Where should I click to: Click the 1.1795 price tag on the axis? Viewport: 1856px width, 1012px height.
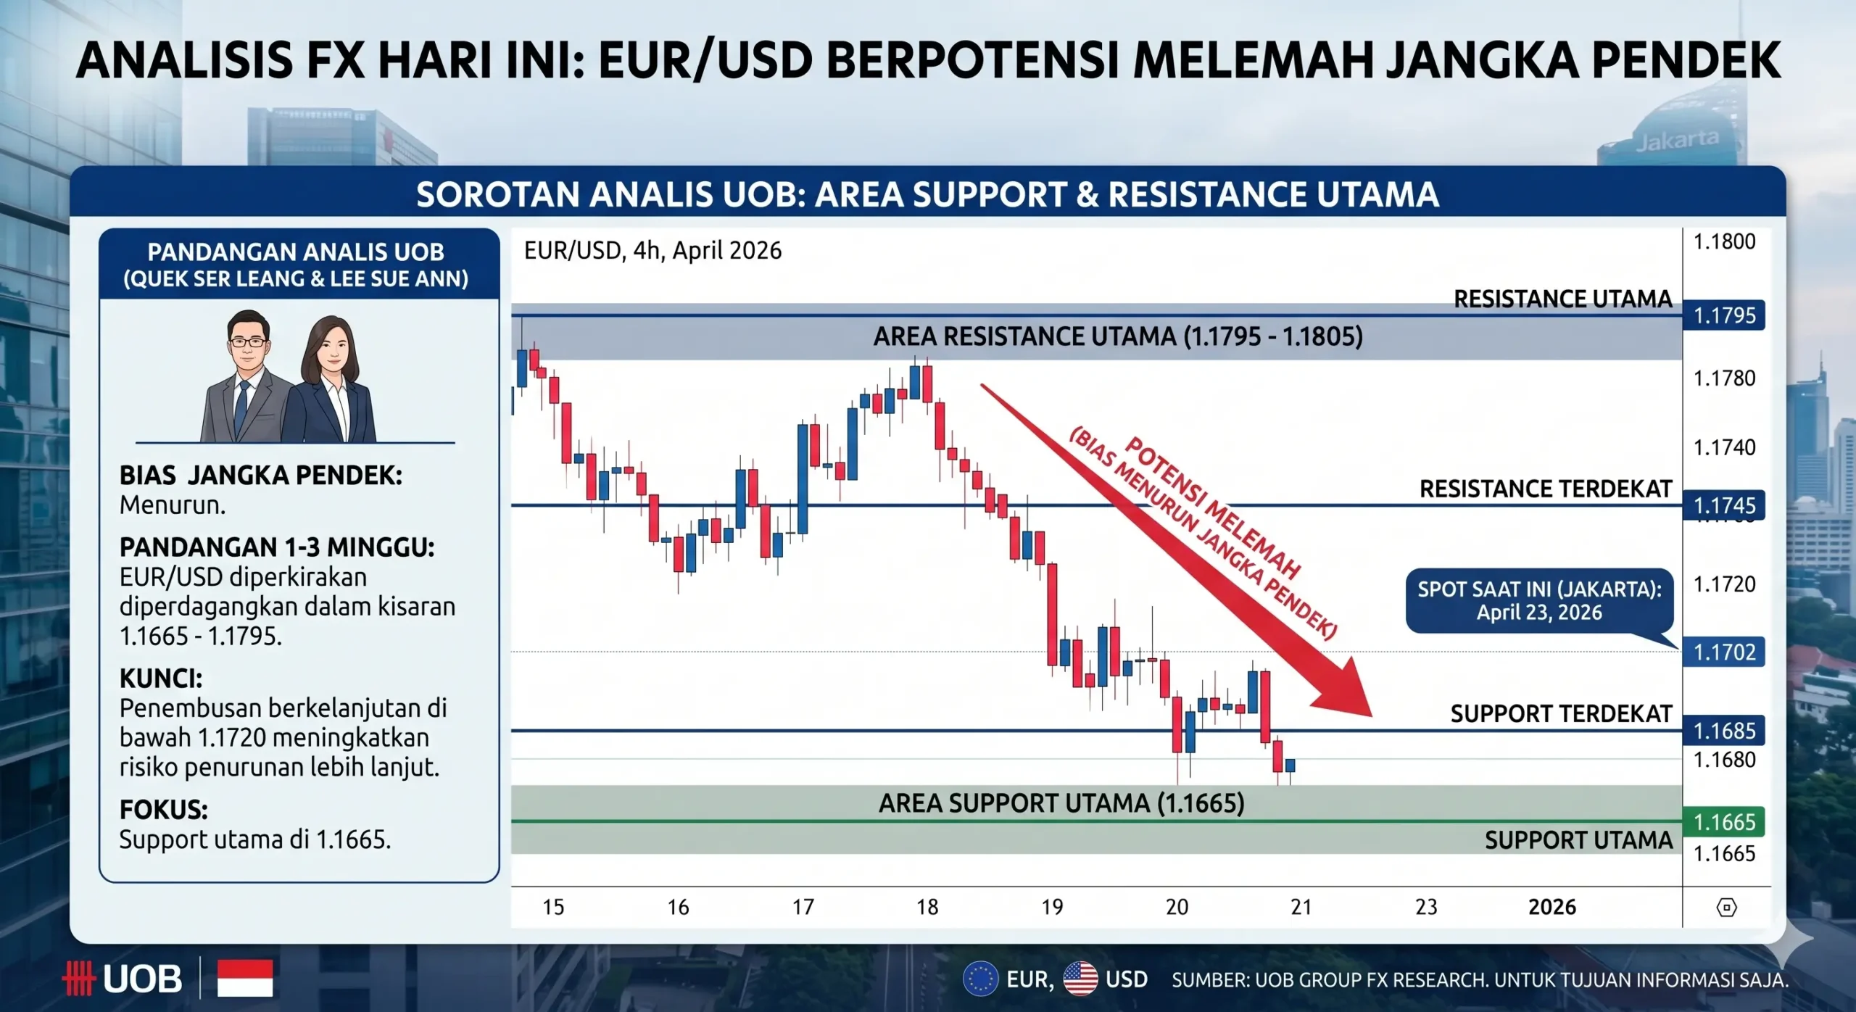1723,315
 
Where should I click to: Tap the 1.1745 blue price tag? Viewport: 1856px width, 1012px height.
1723,505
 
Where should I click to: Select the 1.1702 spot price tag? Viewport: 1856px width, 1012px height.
1723,652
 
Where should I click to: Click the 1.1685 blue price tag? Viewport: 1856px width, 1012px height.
1723,730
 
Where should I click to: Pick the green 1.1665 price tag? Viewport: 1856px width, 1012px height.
1723,821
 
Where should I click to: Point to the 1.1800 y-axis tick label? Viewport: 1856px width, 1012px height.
1723,241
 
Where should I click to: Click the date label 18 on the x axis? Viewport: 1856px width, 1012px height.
927,907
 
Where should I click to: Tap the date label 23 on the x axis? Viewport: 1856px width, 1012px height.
1426,907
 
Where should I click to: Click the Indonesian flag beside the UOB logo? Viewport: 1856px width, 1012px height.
245,978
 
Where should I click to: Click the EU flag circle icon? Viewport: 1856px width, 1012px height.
980,979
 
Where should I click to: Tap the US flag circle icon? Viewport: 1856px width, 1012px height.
1080,979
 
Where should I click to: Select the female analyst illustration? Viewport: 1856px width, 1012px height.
332,381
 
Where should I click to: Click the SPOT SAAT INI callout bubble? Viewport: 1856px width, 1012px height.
1538,600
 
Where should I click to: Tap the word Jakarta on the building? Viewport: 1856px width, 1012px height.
1676,140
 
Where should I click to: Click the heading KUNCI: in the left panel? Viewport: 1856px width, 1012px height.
161,679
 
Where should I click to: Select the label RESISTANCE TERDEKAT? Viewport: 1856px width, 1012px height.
1545,489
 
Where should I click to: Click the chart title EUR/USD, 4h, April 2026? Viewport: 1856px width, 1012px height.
652,251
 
